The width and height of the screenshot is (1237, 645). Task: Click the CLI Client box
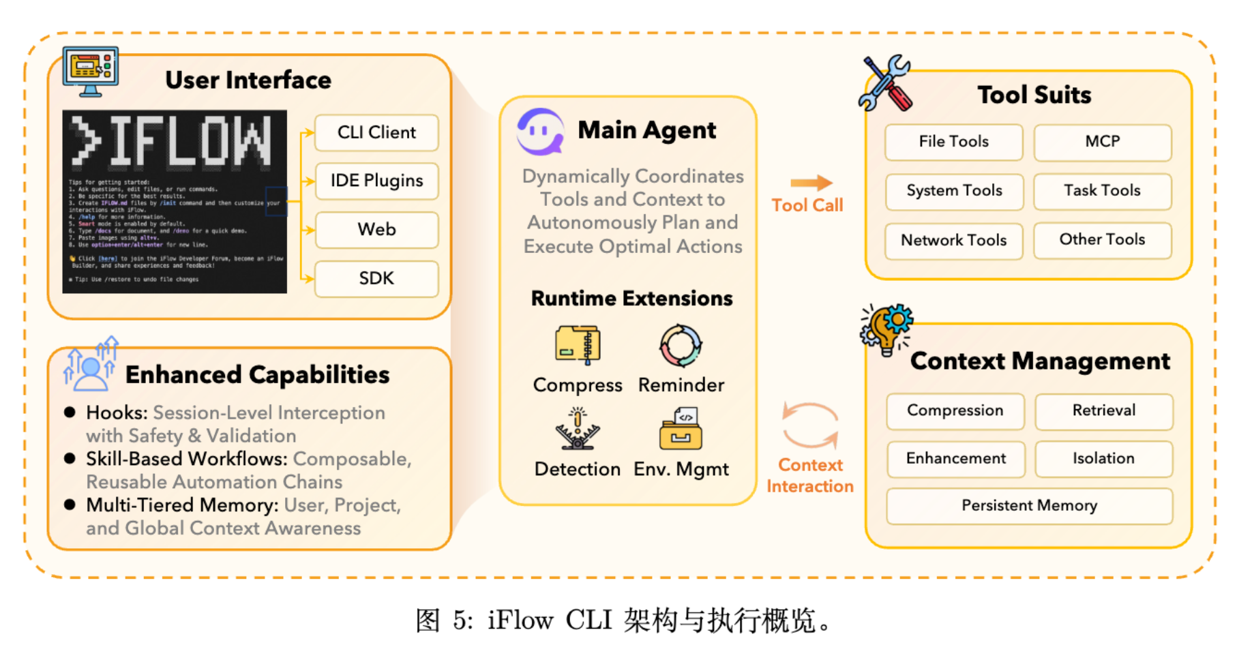[376, 132]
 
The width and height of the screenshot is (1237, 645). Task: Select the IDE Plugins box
[376, 181]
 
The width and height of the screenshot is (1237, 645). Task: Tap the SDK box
[376, 278]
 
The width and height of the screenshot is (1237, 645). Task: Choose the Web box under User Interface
[376, 229]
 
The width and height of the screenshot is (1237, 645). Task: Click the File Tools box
[953, 142]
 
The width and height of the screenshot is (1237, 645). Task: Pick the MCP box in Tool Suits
[1102, 142]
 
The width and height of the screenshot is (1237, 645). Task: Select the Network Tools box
[953, 240]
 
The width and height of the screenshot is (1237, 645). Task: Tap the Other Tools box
[1102, 239]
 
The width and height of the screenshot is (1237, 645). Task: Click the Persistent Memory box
[1029, 505]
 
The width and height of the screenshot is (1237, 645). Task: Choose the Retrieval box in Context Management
[1103, 410]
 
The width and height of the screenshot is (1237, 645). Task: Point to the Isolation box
[1103, 458]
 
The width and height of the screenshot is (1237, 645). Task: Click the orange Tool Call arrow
[811, 183]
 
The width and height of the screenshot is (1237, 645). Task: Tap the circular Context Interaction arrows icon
[810, 425]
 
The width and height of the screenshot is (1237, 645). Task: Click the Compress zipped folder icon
[578, 344]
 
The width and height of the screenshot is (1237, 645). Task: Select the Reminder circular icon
[681, 345]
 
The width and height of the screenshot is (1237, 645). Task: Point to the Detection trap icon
[578, 429]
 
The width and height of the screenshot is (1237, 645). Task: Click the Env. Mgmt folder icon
[681, 429]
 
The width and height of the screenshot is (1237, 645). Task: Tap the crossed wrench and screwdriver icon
[885, 83]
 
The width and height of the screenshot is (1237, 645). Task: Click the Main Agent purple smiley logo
[540, 131]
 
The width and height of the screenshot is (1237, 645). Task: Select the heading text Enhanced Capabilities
[257, 375]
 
